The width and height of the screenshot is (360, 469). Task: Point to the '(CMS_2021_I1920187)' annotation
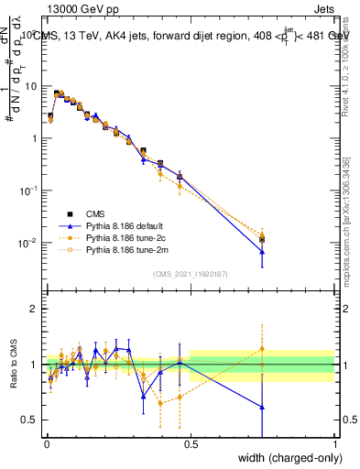point(191,272)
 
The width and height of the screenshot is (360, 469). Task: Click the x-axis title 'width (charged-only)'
point(286,457)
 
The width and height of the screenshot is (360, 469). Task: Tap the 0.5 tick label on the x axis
point(191,445)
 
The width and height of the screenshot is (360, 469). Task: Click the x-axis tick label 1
point(335,445)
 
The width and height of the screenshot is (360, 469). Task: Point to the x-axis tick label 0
point(47,445)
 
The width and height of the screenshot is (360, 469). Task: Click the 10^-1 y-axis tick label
point(28,191)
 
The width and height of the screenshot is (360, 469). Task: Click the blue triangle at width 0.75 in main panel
point(262,252)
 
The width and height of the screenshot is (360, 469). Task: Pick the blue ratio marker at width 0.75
point(262,407)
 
